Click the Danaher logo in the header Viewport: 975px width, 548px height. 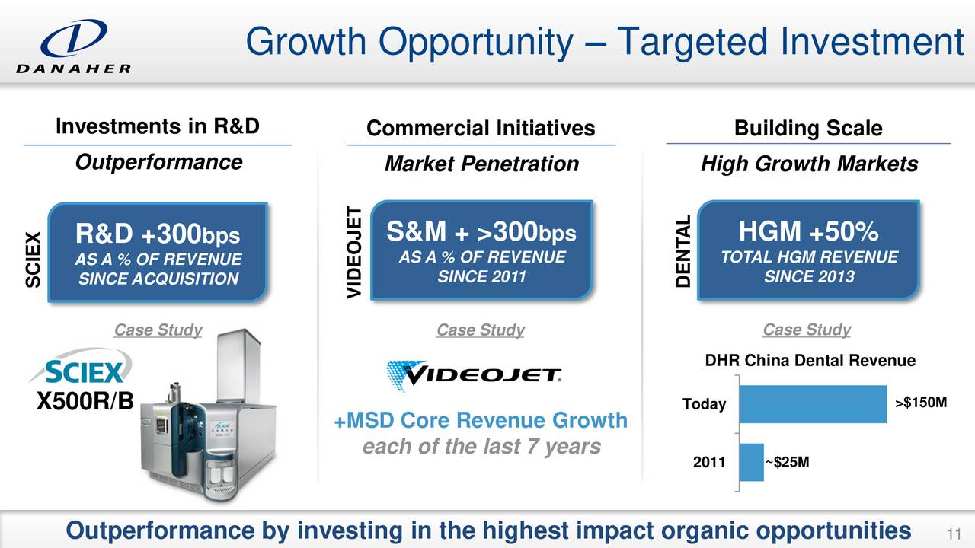[74, 46]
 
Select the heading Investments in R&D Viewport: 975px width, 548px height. [158, 126]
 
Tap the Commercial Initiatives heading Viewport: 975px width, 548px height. [481, 129]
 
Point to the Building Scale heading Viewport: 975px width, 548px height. [808, 129]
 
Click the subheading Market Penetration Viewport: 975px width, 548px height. [481, 164]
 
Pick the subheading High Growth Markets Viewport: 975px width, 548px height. [809, 164]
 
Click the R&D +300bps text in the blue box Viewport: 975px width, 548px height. [158, 234]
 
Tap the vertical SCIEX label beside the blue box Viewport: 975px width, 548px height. [33, 260]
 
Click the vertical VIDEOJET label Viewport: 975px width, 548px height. [354, 252]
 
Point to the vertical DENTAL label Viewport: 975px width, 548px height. [683, 251]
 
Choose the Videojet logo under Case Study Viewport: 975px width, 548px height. [474, 375]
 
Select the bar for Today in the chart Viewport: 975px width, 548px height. [813, 404]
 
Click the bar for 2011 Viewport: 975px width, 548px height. [752, 462]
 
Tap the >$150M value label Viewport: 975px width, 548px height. [921, 403]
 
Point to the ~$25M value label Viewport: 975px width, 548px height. [787, 462]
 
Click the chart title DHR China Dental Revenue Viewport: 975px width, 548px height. [810, 361]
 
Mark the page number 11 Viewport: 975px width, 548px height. [954, 534]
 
